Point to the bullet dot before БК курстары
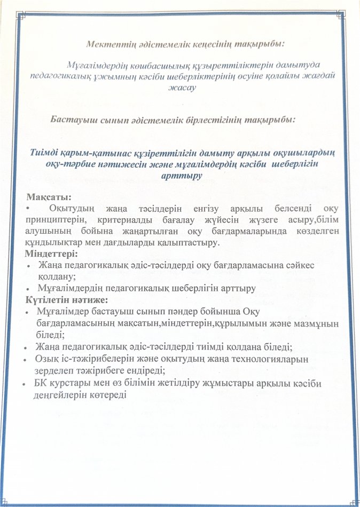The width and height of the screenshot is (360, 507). pyautogui.click(x=25, y=383)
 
